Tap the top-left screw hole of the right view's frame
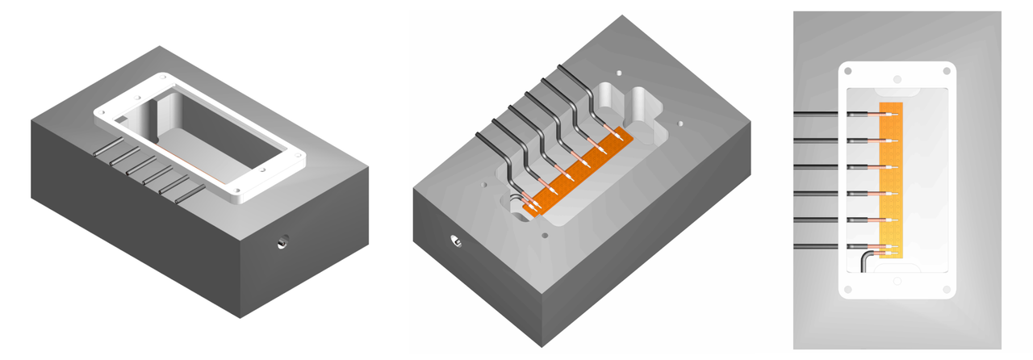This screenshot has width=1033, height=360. [848, 72]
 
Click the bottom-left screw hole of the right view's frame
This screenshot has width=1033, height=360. [848, 289]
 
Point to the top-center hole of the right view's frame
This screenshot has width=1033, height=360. [897, 79]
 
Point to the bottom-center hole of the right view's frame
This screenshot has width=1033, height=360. [897, 281]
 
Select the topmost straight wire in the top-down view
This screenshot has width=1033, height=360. [819, 113]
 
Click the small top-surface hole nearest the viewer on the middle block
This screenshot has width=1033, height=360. [546, 236]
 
